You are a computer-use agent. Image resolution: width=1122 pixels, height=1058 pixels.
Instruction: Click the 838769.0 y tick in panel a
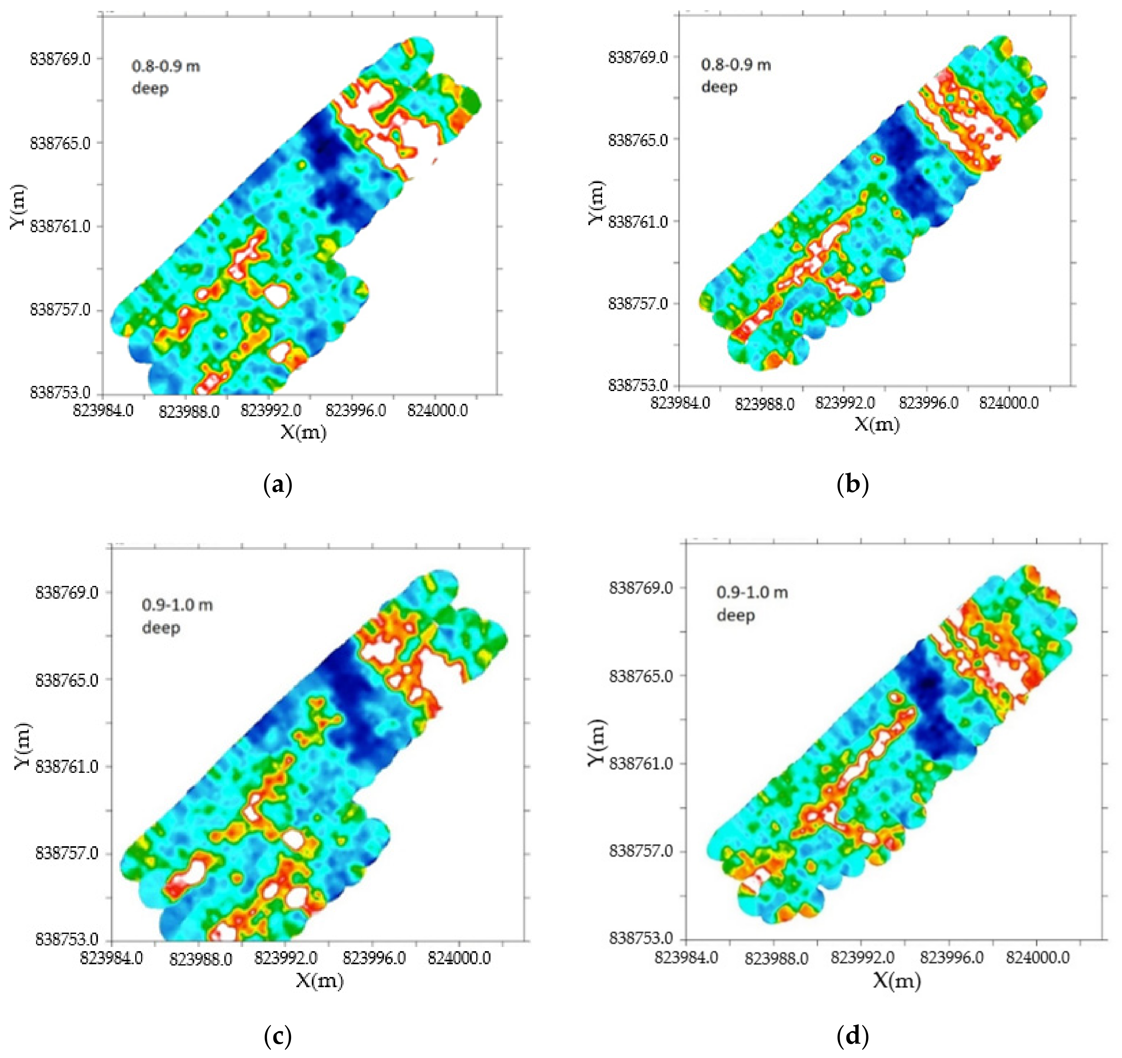[60, 59]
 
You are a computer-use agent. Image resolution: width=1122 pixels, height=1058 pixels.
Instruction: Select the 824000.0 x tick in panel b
[1008, 403]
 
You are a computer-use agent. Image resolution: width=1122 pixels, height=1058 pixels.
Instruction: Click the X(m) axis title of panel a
[304, 433]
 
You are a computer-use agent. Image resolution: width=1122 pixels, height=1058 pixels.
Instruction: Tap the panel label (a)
[278, 485]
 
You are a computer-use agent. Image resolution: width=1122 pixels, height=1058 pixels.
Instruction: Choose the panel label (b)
[853, 485]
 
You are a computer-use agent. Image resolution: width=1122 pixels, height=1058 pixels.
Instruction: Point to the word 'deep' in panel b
[719, 87]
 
